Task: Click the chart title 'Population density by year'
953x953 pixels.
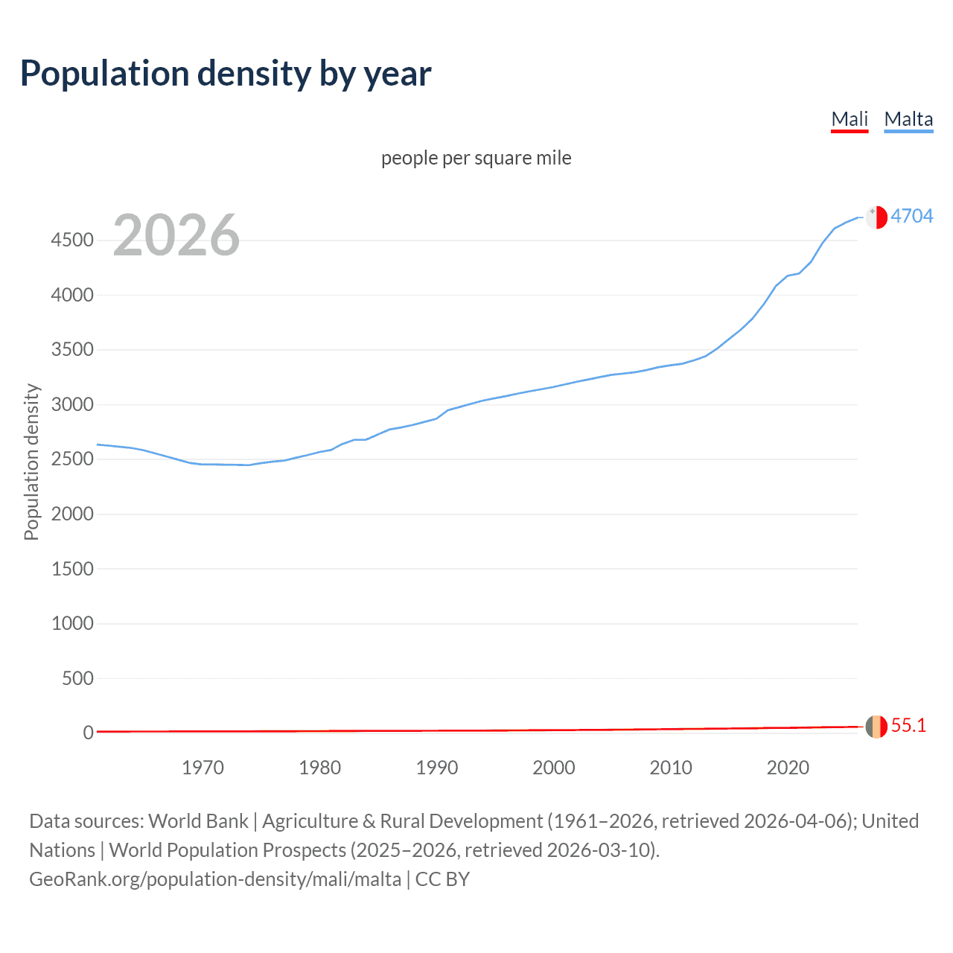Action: (226, 74)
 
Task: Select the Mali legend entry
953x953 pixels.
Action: (850, 119)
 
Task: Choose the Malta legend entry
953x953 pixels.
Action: (908, 119)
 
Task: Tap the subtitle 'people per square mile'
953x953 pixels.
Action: (476, 158)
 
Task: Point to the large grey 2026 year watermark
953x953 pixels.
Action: (176, 235)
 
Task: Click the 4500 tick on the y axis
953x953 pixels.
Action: (72, 240)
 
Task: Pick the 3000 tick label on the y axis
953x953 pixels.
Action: (72, 405)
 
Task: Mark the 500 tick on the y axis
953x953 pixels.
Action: (77, 678)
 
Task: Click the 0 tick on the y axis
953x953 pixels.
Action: (89, 733)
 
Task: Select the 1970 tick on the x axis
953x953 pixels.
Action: (203, 768)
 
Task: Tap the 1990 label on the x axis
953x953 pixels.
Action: (437, 768)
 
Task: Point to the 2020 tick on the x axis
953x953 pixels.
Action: (788, 768)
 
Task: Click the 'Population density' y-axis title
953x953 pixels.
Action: (31, 462)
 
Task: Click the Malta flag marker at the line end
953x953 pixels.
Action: (876, 217)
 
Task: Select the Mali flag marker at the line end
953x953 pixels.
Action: (876, 726)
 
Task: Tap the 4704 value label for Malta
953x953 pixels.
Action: (912, 216)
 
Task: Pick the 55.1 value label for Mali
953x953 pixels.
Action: (908, 726)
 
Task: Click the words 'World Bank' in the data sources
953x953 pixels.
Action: (198, 821)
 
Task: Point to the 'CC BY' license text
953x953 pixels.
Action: (442, 879)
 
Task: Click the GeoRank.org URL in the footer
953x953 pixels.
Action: (215, 879)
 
